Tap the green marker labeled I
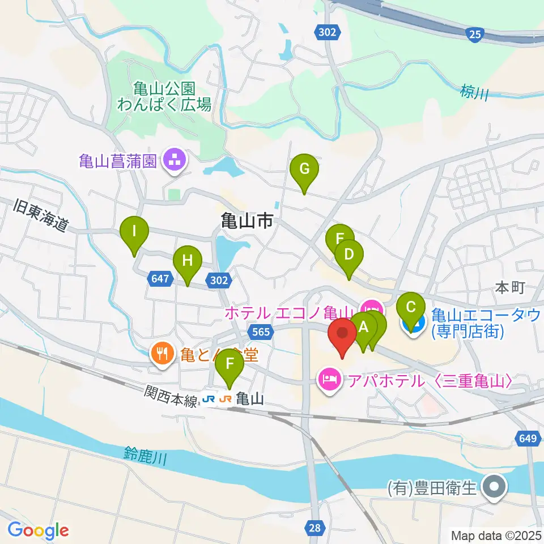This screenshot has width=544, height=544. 134,232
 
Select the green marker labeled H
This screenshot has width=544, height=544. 188,262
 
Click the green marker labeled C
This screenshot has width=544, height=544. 411,308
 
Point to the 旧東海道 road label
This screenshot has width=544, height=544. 40,215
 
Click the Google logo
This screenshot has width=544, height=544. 38,530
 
